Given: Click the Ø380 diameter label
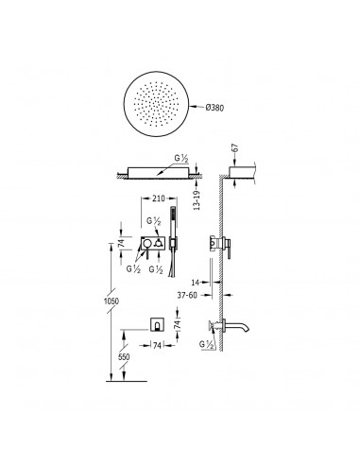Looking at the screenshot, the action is click(214, 108).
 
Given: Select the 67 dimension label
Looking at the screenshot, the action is click(235, 148).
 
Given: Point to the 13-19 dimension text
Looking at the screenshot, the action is click(197, 200).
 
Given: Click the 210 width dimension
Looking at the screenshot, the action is click(159, 198).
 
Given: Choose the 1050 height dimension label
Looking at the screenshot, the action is click(111, 301).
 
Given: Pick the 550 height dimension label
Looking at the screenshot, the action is click(124, 357).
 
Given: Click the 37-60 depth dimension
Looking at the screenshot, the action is click(187, 295).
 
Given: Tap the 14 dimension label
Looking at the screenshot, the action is click(196, 282).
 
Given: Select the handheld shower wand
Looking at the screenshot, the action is click(172, 242).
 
